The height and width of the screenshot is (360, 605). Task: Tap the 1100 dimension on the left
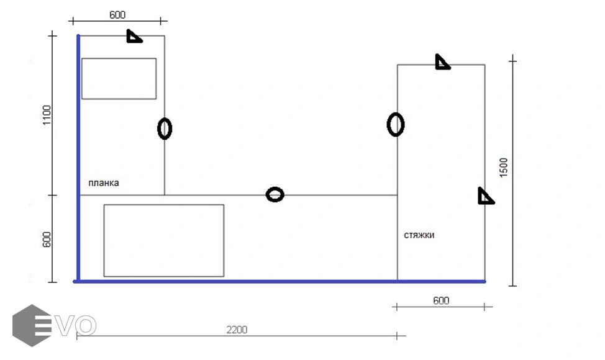(x=47, y=116)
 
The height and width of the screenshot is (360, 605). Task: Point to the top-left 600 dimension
(x=117, y=14)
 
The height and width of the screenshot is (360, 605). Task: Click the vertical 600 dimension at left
(x=47, y=240)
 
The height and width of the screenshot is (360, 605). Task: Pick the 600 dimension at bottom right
(x=440, y=300)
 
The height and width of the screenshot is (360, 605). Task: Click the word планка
(x=103, y=183)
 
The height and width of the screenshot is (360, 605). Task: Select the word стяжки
(x=419, y=235)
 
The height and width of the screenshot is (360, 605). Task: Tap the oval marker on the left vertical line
(x=164, y=128)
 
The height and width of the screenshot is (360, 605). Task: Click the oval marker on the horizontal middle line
(x=275, y=195)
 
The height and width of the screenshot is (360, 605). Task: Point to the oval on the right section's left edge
(x=396, y=124)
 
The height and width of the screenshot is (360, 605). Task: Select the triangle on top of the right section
(x=442, y=62)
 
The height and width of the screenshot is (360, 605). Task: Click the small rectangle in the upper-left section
(x=119, y=78)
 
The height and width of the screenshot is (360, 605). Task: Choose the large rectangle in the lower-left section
(x=163, y=240)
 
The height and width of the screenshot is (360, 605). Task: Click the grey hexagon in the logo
(x=30, y=325)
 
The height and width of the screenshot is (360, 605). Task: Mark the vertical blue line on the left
(x=78, y=155)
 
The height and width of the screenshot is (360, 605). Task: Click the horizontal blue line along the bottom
(x=280, y=281)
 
